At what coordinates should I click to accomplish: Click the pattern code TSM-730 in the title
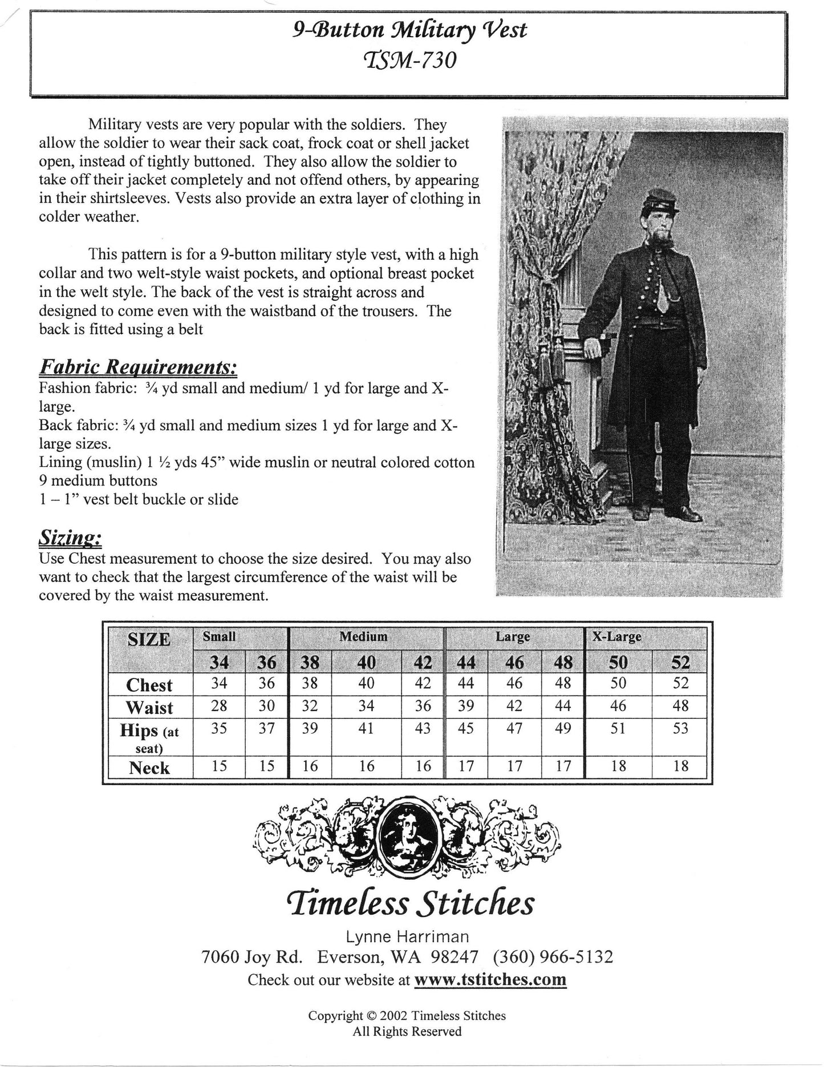tap(411, 59)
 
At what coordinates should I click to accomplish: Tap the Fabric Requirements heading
tap(137, 367)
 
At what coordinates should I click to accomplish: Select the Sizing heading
tap(70, 536)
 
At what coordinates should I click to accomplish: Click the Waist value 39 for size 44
tap(466, 706)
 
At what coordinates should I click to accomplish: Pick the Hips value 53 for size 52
tap(680, 729)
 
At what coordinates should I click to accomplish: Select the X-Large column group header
tap(616, 637)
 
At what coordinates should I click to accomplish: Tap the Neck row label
tap(149, 768)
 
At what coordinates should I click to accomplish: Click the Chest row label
tap(149, 685)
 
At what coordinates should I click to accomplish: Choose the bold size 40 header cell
tap(366, 662)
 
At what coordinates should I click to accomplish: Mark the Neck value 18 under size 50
tap(618, 766)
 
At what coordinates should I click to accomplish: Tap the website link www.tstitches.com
tap(490, 980)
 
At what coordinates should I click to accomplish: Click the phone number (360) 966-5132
tap(553, 957)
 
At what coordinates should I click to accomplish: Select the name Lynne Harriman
tap(407, 936)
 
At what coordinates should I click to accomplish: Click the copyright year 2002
tap(393, 1016)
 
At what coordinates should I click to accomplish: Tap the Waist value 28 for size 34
tap(219, 706)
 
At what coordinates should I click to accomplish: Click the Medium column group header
tap(363, 637)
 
